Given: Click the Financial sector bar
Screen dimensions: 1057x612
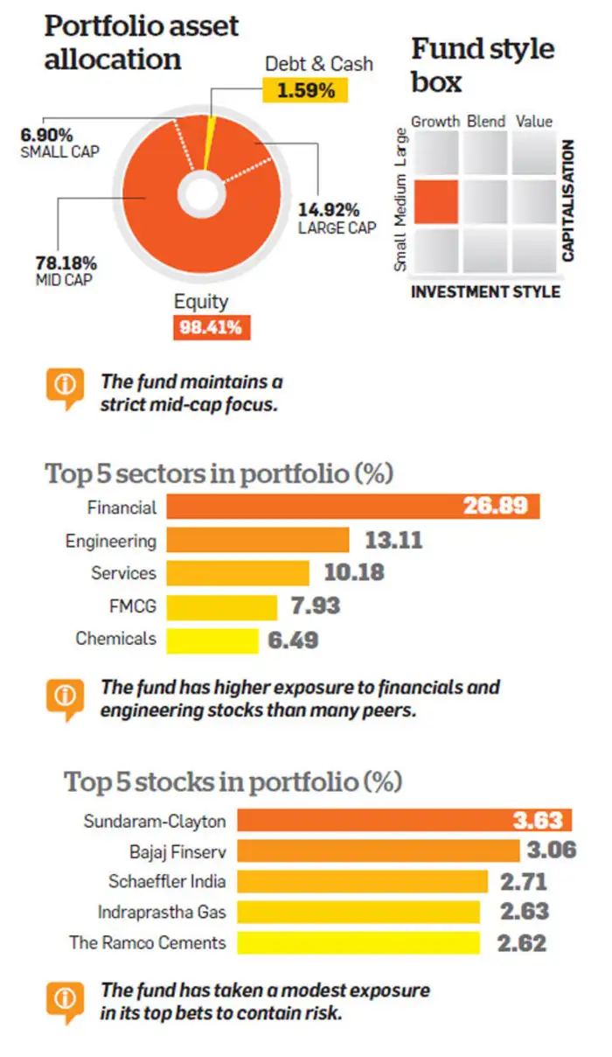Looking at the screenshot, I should click(350, 507).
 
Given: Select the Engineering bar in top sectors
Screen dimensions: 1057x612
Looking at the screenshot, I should click(257, 540).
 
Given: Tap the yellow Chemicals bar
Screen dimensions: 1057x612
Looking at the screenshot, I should click(212, 639).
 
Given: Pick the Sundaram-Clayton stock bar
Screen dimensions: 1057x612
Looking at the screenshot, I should click(402, 820).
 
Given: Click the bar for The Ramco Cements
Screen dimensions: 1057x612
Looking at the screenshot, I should click(358, 943).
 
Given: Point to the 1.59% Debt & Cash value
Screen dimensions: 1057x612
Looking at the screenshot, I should click(304, 90).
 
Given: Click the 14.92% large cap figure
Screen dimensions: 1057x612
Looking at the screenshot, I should click(329, 210).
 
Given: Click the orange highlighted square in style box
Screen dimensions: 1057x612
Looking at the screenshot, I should click(435, 201).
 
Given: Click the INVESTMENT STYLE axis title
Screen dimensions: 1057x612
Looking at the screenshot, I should click(485, 291).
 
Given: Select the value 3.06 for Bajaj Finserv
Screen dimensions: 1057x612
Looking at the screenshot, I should click(551, 850).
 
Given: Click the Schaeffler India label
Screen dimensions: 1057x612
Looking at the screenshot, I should click(167, 881).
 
